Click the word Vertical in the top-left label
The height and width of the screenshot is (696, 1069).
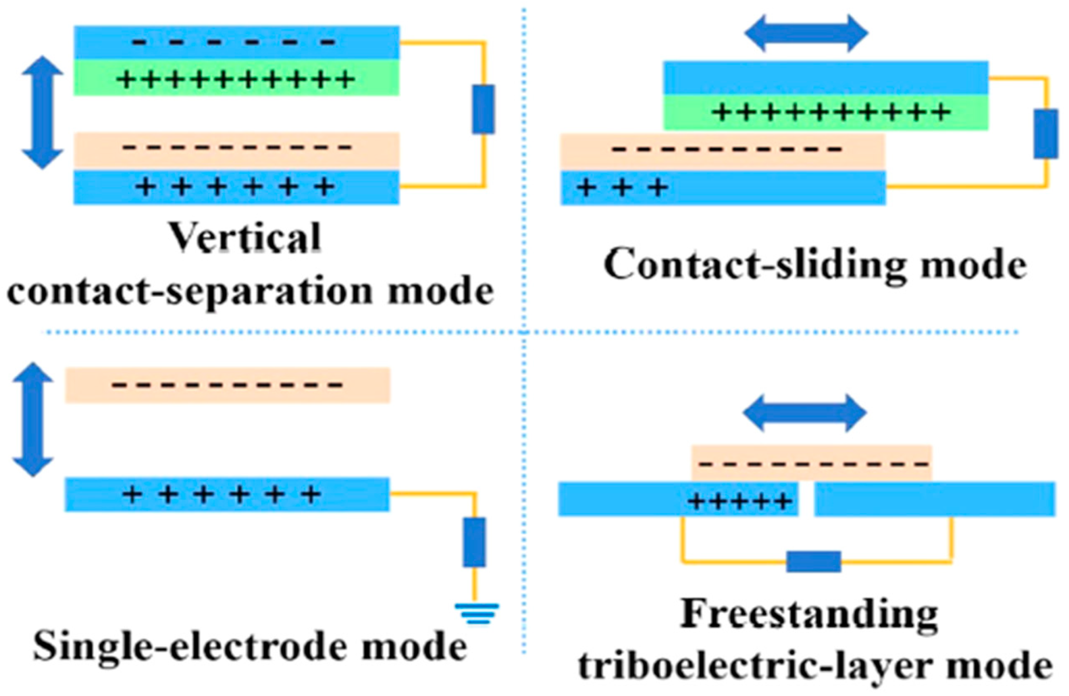coord(245,238)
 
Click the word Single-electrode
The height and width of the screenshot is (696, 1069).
coord(187,647)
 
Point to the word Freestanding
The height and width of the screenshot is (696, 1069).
coord(809,614)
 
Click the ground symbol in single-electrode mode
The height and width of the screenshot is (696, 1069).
coord(476,613)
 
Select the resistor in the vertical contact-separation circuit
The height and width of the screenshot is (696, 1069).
coord(483,109)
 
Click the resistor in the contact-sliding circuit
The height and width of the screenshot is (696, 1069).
coord(1045,133)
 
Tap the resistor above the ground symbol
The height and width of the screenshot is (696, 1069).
coord(474,542)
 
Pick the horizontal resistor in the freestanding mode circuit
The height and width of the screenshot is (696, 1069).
coord(813,561)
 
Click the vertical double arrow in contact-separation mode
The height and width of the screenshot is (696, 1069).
coord(43,112)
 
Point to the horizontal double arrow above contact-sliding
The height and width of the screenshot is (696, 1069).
coord(806,33)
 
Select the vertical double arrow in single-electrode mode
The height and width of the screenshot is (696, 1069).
coord(33,419)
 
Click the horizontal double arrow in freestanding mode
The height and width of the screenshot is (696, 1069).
coord(805,413)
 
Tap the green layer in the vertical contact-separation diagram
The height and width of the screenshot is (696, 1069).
coord(236,78)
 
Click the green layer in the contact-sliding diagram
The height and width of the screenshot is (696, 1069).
coord(826,112)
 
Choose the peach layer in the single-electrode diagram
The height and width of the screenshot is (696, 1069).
coord(228,385)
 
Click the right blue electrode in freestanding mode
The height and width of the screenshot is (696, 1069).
coord(934,499)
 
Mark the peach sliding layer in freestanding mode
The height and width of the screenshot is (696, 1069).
coord(811,462)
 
